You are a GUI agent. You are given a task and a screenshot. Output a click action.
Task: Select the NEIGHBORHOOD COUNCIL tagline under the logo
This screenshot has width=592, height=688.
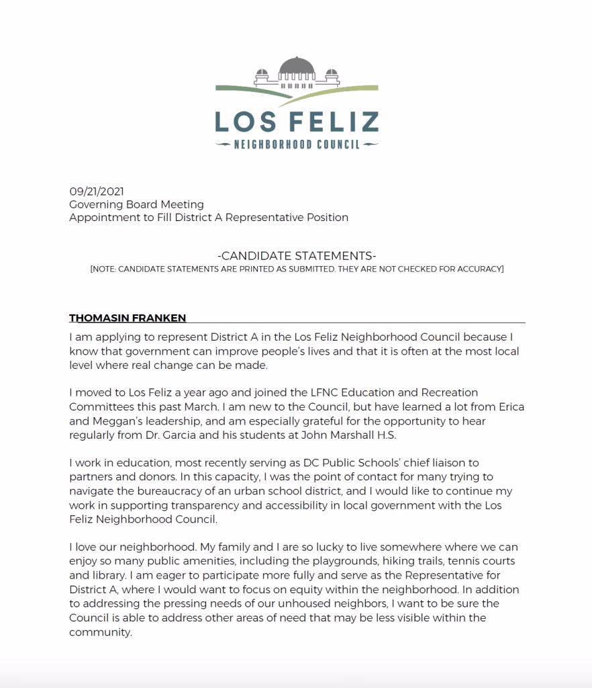pyautogui.click(x=296, y=144)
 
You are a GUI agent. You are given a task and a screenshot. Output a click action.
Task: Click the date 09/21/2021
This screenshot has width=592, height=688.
pyautogui.click(x=97, y=191)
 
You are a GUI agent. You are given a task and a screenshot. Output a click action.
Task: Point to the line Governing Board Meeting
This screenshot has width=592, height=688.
pyautogui.click(x=136, y=204)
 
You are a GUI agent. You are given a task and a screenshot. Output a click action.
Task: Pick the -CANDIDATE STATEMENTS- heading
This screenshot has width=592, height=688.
pyautogui.click(x=297, y=256)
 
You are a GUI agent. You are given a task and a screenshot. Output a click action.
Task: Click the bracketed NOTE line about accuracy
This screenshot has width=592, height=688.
pyautogui.click(x=297, y=269)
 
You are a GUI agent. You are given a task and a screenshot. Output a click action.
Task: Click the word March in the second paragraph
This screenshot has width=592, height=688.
pyautogui.click(x=216, y=408)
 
